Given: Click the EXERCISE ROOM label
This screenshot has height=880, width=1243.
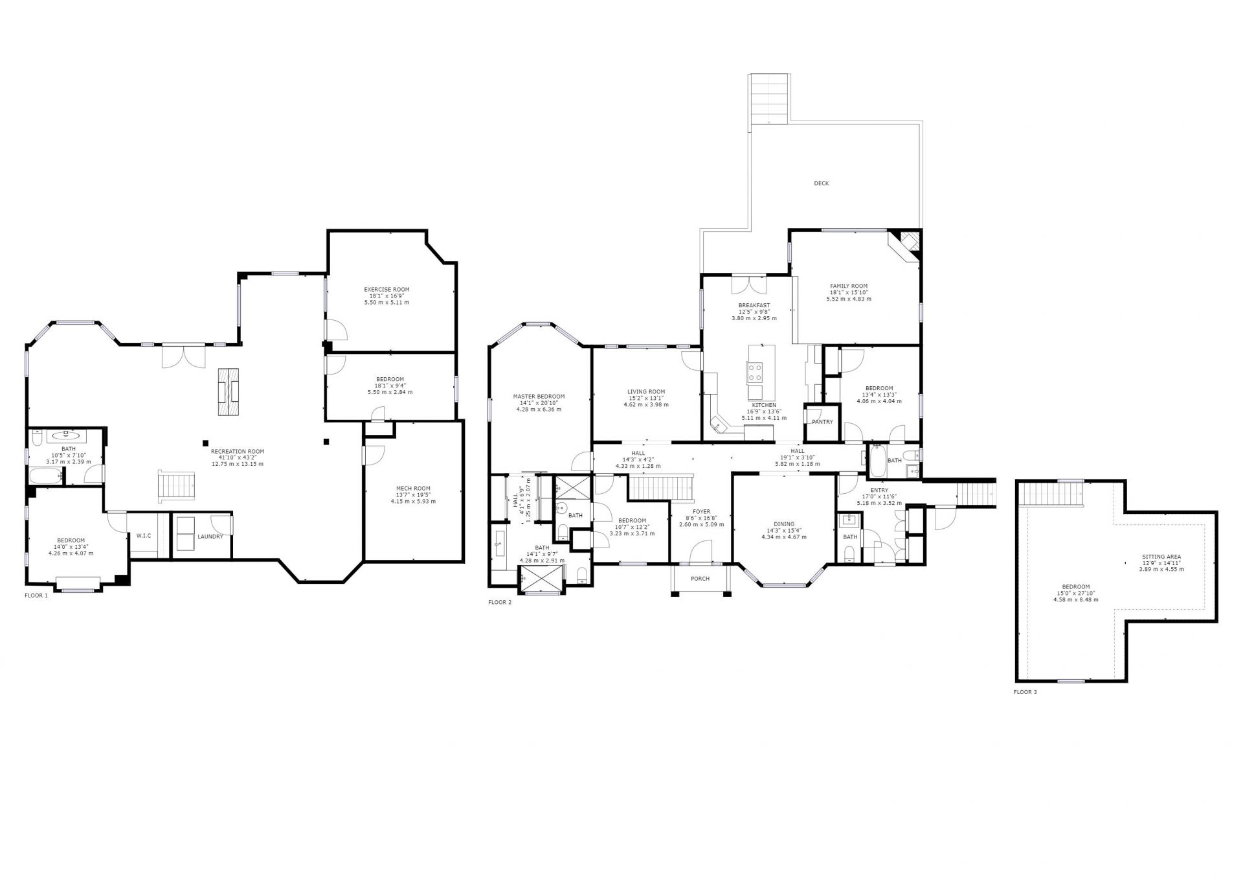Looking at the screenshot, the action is (386, 290).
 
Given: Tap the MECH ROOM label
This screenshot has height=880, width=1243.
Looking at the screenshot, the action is (413, 489).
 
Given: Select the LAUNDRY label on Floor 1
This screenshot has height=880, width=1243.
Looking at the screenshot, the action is (210, 537).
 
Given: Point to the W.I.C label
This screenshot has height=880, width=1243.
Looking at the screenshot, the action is (143, 536).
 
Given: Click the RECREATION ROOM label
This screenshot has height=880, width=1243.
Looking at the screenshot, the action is (238, 452).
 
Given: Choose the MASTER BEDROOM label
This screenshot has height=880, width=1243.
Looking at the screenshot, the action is (539, 397).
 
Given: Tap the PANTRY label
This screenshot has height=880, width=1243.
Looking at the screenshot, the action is (822, 422).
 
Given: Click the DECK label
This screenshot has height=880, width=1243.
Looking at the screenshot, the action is (821, 183).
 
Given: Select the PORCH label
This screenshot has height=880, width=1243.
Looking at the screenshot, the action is (700, 579).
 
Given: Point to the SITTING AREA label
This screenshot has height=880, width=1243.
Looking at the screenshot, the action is (1161, 557).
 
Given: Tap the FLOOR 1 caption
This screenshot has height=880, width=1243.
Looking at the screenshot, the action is (36, 596).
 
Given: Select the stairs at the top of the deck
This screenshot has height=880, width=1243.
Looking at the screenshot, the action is (769, 98).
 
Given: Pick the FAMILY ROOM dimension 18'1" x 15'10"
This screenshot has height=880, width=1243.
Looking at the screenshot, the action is (849, 292).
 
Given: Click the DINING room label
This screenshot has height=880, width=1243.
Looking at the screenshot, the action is (783, 524).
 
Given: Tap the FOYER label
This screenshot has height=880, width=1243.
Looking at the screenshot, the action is (701, 511).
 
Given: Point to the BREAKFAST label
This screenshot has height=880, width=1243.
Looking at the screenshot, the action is (754, 305).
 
